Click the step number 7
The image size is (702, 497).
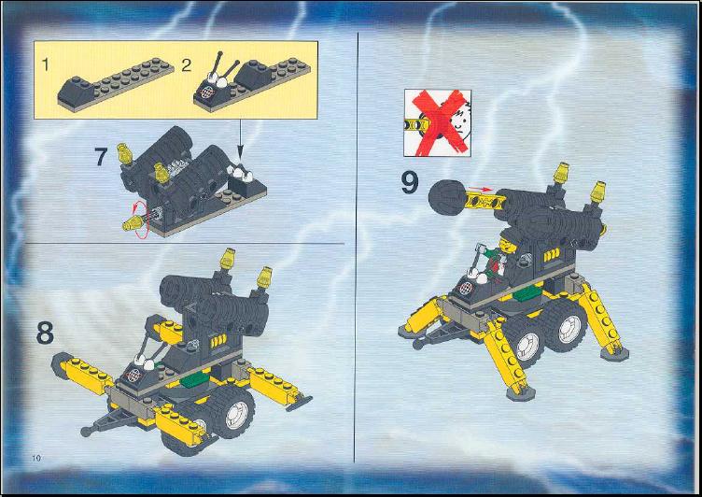101,157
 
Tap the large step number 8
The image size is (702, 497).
45,334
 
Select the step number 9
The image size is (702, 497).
409,183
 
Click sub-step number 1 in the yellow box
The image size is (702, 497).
45,64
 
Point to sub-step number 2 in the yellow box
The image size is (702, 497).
187,65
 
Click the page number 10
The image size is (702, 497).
36,458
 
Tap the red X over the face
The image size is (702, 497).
440,121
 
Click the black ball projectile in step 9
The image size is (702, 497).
446,197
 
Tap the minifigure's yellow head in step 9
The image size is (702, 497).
507,244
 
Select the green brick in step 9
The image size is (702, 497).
528,293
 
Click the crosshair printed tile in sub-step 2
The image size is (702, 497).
205,92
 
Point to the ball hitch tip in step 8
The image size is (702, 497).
86,432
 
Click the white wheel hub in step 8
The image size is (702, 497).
237,415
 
